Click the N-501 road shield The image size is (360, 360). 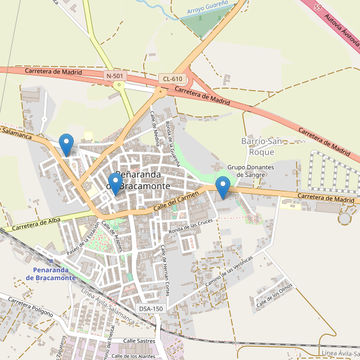115,76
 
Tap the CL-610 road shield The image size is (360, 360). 172,79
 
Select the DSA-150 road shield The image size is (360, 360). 151,308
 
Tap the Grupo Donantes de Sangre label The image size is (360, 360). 251,171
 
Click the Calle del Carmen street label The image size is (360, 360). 176,201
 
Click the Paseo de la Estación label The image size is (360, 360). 83,238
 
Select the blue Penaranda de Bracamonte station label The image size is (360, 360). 55,274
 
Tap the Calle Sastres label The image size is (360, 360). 139,341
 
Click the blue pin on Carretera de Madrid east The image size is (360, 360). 223,188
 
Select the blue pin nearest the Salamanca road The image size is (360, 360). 67,145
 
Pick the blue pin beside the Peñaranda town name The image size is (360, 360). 115,183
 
